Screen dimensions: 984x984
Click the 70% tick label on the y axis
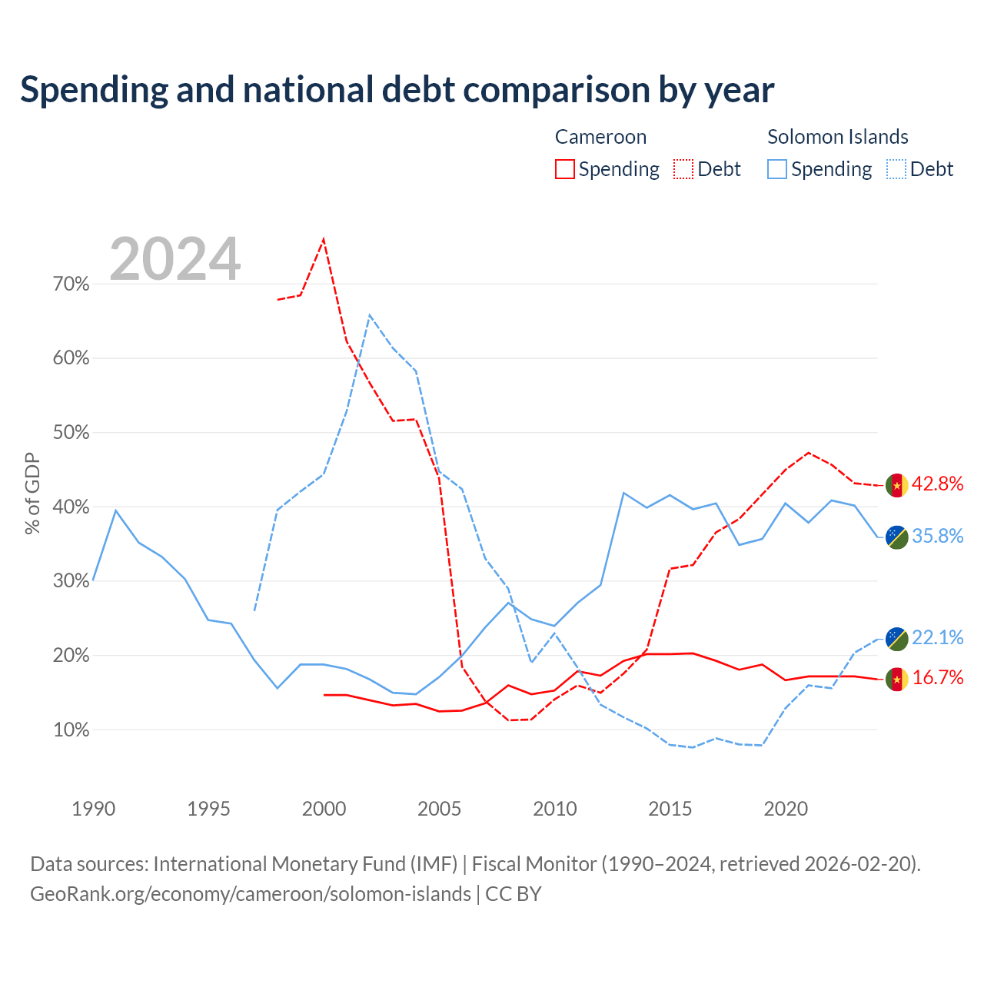pyautogui.click(x=71, y=284)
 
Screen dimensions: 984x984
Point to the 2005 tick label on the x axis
pyautogui.click(x=439, y=809)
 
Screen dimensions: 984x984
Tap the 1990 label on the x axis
pyautogui.click(x=94, y=809)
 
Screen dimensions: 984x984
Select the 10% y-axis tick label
pyautogui.click(x=71, y=730)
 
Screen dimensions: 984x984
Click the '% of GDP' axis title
pyautogui.click(x=32, y=494)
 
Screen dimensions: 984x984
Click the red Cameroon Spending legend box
pyautogui.click(x=565, y=169)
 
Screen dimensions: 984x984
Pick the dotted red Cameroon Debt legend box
pyautogui.click(x=683, y=169)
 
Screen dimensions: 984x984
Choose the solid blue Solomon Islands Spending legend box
pyautogui.click(x=777, y=169)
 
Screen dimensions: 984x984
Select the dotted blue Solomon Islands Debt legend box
pyautogui.click(x=896, y=169)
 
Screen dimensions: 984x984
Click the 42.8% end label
pyautogui.click(x=938, y=484)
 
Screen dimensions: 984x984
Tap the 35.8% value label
pyautogui.click(x=938, y=536)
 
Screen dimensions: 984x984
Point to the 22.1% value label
pyautogui.click(x=938, y=637)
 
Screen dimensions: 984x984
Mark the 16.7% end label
pyautogui.click(x=938, y=677)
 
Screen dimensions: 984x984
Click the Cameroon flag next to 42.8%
pyautogui.click(x=897, y=485)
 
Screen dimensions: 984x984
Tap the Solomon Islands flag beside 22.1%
pyautogui.click(x=897, y=639)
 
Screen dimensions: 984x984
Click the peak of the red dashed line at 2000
pyautogui.click(x=324, y=239)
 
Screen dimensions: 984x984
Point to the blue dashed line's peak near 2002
pyautogui.click(x=370, y=315)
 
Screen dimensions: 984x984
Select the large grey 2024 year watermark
pyautogui.click(x=175, y=259)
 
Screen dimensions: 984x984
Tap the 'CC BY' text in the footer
pyautogui.click(x=514, y=894)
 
